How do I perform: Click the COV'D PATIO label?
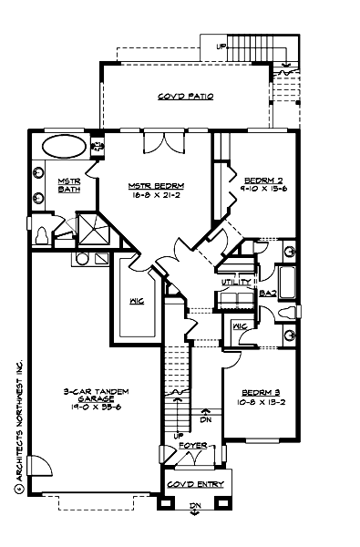pos(185,96)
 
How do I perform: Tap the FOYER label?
pos(193,446)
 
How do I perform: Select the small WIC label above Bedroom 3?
pos(240,326)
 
